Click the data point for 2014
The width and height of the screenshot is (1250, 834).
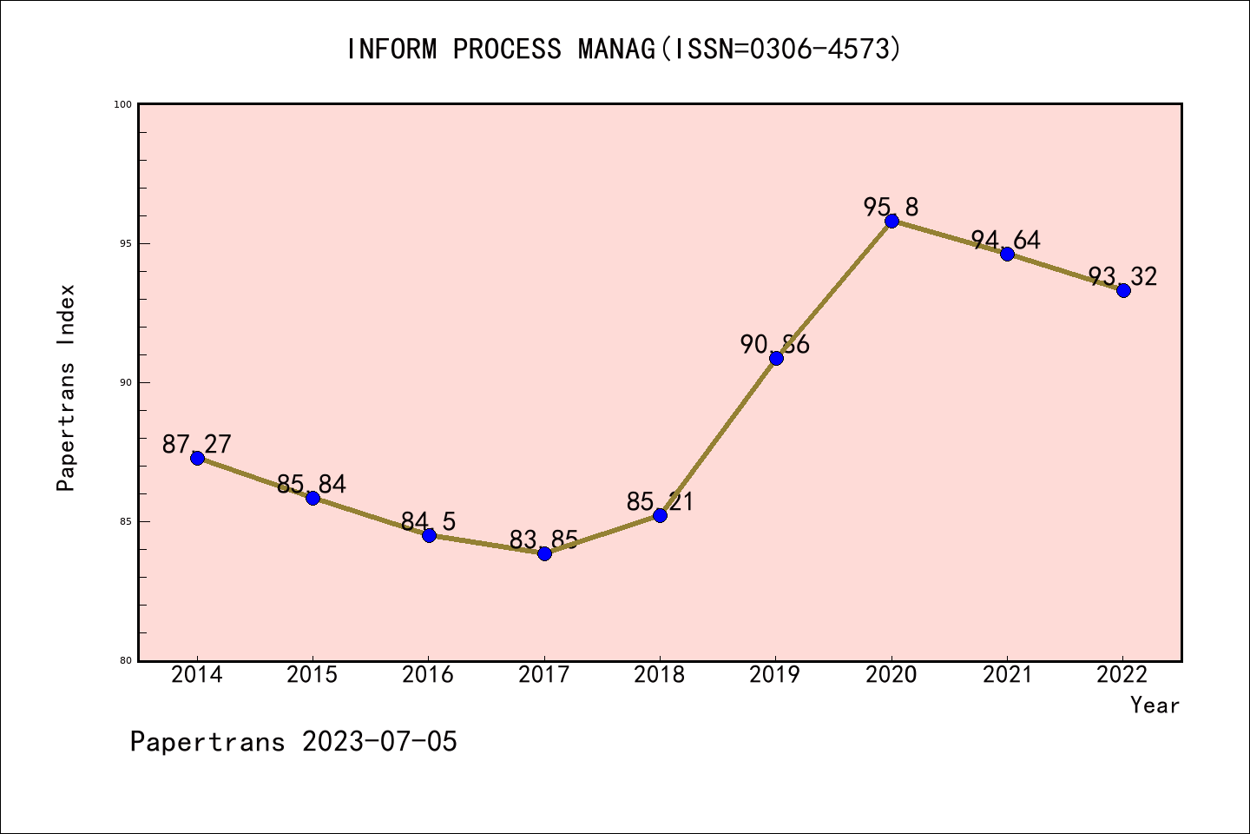(197, 458)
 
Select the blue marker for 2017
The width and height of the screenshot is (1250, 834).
(544, 553)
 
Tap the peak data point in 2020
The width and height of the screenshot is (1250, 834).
(891, 221)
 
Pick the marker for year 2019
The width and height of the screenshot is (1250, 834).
(776, 358)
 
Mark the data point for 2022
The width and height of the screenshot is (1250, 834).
(1123, 290)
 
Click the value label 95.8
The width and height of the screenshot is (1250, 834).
(891, 208)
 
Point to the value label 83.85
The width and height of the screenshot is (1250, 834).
(543, 540)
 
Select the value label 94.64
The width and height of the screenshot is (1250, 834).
(1005, 241)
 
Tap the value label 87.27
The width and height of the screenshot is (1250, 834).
(197, 445)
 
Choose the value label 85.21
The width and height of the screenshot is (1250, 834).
(660, 502)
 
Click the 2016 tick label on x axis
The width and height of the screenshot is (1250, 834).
(428, 675)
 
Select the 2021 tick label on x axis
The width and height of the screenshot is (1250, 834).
(1007, 675)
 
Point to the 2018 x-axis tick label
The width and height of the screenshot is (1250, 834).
(660, 675)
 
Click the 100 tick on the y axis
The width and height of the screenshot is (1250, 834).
(122, 104)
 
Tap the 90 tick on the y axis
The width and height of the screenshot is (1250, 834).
(124, 382)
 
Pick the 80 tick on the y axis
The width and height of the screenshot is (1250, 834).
(124, 660)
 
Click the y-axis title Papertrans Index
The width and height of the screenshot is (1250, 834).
(67, 387)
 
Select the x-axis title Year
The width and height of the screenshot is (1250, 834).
(1155, 705)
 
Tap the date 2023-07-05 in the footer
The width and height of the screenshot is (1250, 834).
(379, 742)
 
